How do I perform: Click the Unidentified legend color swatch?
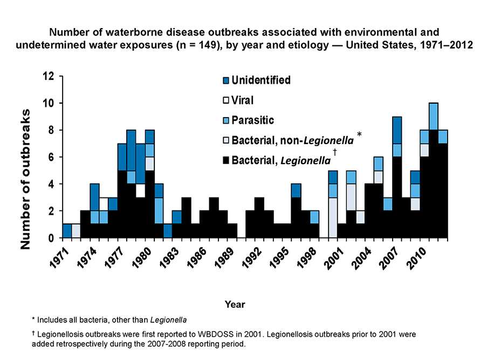(226, 81)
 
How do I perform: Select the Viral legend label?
(242, 100)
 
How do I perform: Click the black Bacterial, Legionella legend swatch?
(226, 160)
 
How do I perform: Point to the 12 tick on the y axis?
(50, 76)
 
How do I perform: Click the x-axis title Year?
(235, 305)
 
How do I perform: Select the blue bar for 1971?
(67, 231)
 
